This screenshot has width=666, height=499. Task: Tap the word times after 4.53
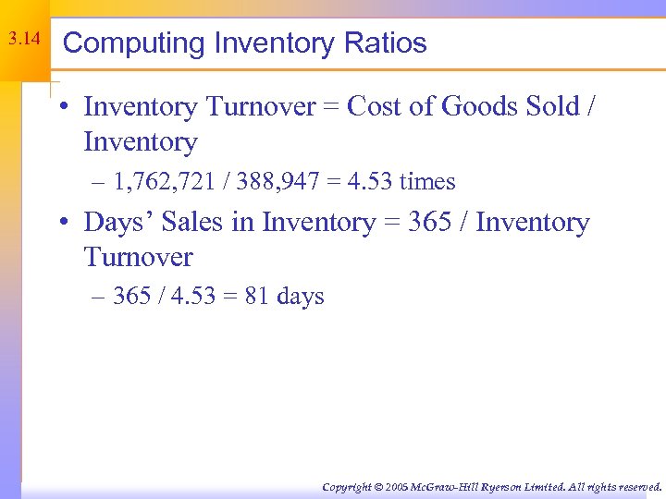[x=427, y=181]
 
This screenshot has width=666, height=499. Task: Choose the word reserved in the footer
[x=637, y=486]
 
